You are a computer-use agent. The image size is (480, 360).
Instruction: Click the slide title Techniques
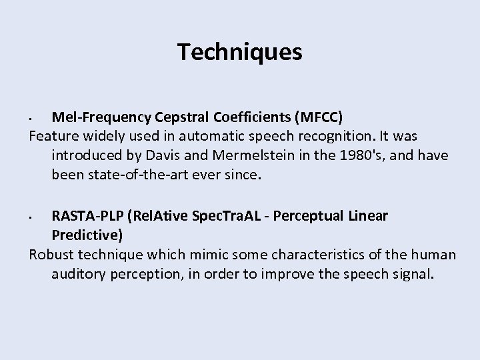(x=240, y=51)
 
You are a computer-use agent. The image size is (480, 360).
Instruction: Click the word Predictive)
(x=87, y=235)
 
